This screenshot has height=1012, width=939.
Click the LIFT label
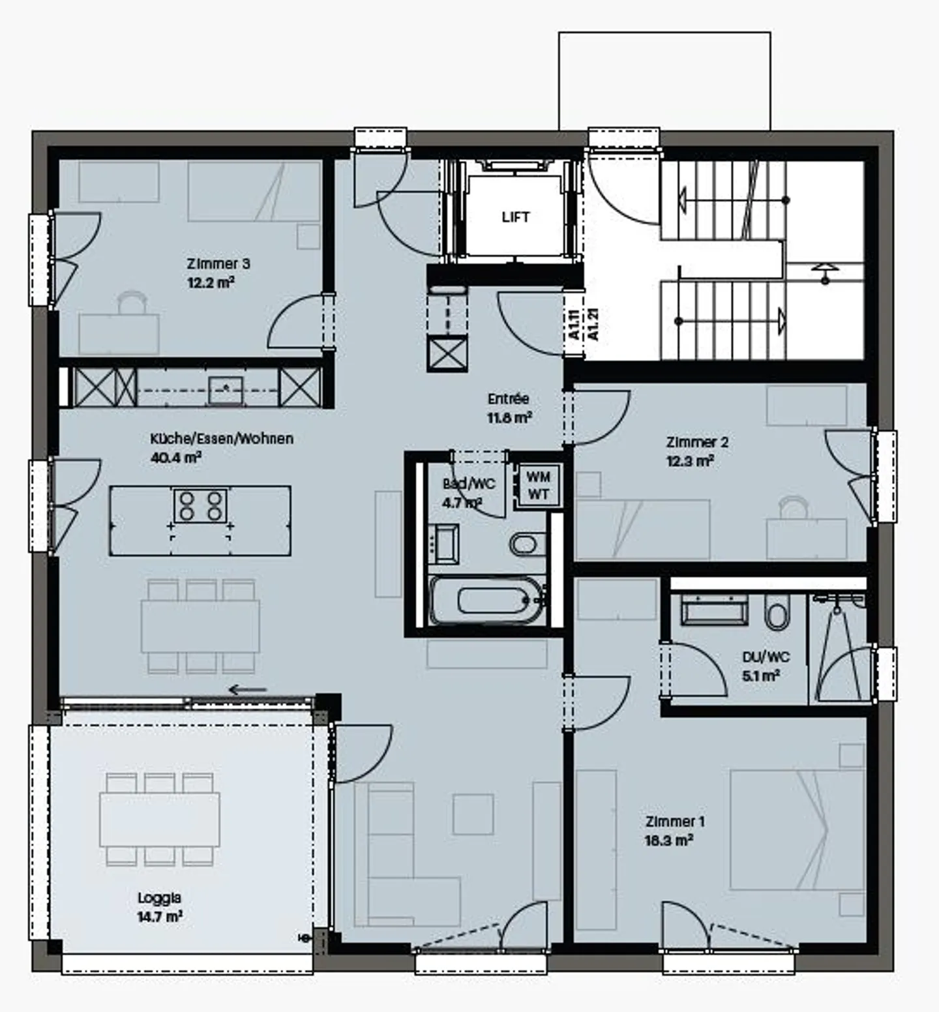click(515, 217)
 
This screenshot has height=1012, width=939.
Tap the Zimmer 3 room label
click(218, 264)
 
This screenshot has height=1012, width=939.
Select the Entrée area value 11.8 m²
click(509, 418)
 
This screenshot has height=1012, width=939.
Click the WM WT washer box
click(538, 486)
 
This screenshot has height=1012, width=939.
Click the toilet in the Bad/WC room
click(524, 543)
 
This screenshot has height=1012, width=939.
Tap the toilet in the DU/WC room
click(776, 614)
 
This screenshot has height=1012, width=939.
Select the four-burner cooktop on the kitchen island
click(200, 506)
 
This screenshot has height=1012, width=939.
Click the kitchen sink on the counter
click(225, 390)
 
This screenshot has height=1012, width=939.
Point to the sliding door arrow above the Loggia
click(247, 689)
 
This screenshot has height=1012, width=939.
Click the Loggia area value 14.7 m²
click(160, 917)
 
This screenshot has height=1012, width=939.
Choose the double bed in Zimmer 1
click(797, 829)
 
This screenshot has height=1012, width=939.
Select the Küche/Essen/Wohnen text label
click(222, 439)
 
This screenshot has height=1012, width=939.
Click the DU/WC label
click(766, 657)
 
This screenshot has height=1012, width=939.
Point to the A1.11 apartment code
click(574, 324)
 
